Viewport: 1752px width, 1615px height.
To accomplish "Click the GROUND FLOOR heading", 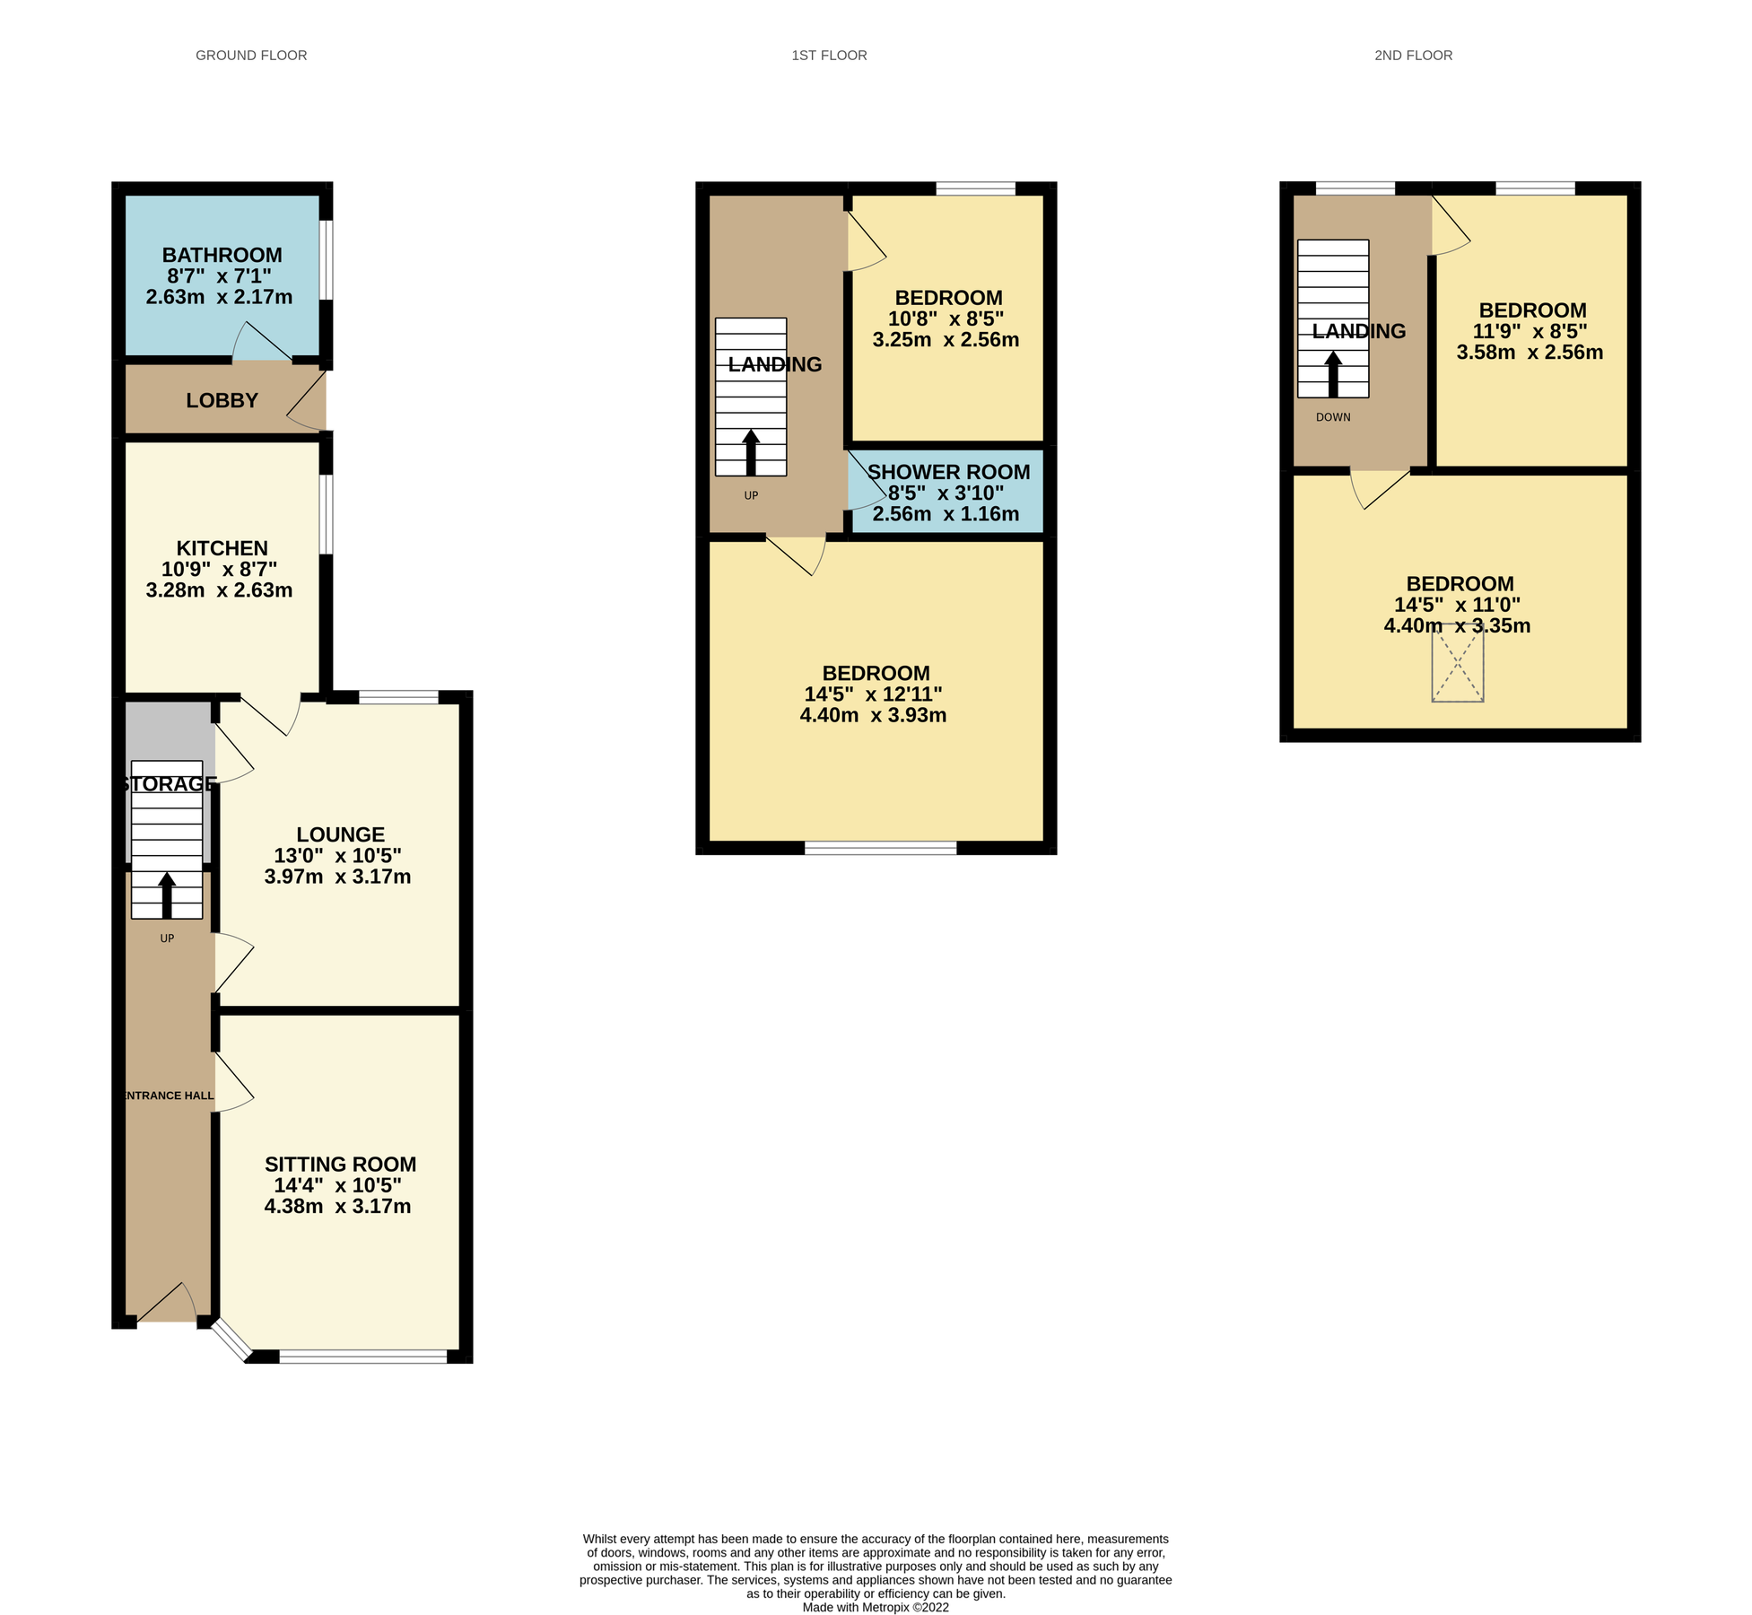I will pos(251,56).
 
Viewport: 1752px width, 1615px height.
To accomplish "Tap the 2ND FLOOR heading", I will pos(1413,56).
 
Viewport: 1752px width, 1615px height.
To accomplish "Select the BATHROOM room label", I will pos(222,256).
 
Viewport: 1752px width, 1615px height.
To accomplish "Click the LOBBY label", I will pos(222,401).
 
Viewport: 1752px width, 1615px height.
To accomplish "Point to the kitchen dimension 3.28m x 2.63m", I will pos(219,590).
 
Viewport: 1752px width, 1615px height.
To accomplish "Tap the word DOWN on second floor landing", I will pos(1333,417).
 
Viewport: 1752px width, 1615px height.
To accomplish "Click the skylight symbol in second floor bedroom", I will pos(1457,663).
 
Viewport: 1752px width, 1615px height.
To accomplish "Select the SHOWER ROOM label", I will pos(948,472).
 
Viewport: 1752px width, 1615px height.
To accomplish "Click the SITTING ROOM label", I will pos(340,1165).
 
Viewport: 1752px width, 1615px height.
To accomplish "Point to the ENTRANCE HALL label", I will pos(168,1096).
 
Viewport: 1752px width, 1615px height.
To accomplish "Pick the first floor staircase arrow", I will pos(751,452).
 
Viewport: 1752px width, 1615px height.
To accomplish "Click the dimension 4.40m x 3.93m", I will pos(873,716).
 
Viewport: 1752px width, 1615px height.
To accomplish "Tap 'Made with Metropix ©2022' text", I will pos(876,1607).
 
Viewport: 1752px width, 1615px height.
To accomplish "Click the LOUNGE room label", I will pos(340,834).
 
